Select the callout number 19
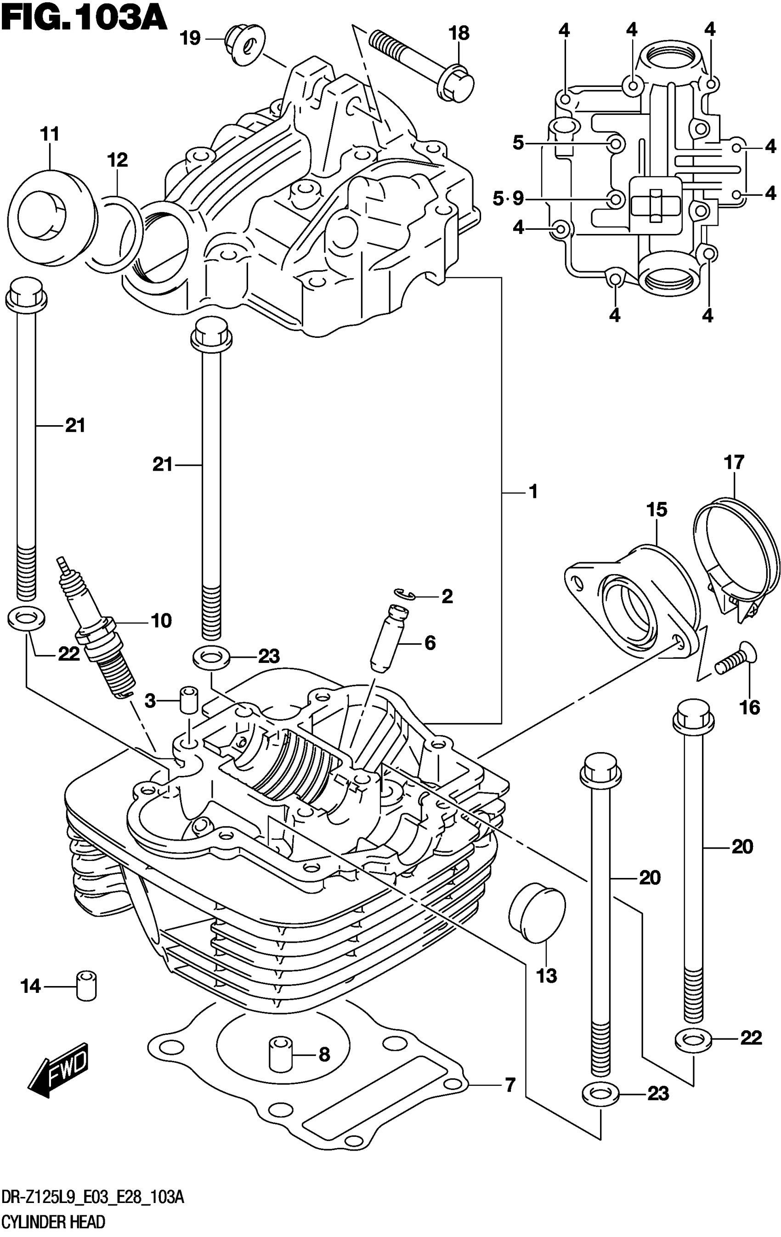tap(191, 38)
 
